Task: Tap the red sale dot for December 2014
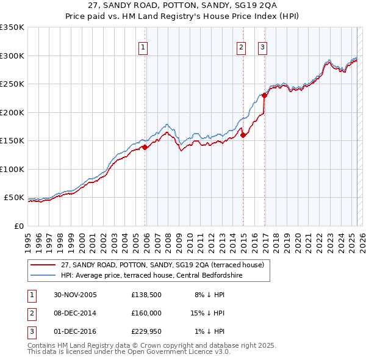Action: coord(243,135)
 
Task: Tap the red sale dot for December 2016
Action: coord(264,95)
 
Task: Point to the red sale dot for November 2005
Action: coord(145,147)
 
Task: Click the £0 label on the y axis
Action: coord(18,226)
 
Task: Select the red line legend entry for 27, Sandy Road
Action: coord(162,265)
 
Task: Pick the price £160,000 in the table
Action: coord(146,313)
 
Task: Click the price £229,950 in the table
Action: coord(146,331)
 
